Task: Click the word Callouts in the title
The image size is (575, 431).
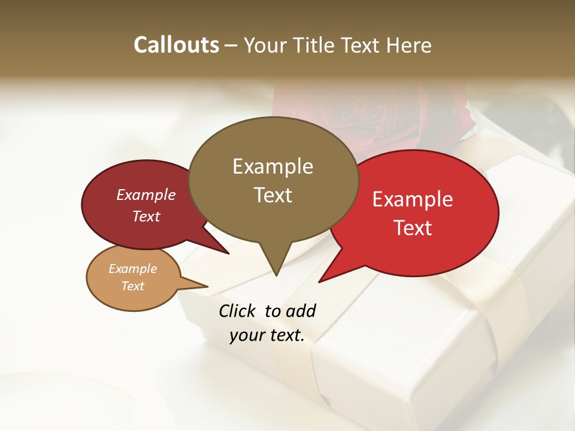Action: [176, 45]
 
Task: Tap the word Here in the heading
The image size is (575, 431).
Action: [410, 45]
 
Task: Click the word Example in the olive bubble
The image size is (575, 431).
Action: [273, 166]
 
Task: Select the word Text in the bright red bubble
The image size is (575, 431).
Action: [413, 228]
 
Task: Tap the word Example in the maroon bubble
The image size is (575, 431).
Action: [146, 195]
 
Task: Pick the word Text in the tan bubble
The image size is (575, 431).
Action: [133, 286]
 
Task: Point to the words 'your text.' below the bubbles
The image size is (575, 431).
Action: [267, 336]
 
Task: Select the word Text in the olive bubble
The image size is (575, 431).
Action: [273, 195]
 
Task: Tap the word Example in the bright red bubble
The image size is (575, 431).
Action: [413, 199]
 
